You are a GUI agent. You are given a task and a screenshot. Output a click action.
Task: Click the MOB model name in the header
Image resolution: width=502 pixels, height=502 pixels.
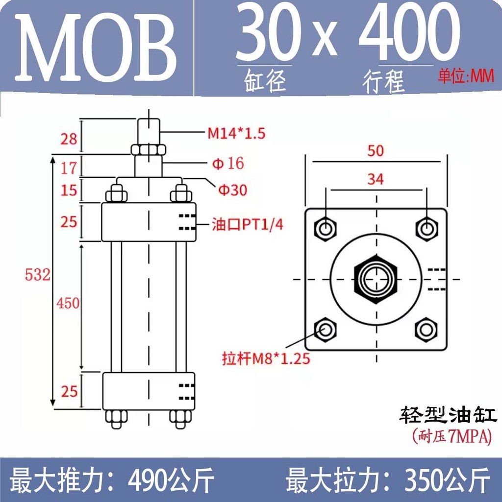click(x=96, y=48)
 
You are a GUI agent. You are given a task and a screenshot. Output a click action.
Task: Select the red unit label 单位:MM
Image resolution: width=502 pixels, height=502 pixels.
click(x=466, y=76)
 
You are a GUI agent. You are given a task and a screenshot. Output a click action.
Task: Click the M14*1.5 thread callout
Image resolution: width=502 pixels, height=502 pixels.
click(x=237, y=133)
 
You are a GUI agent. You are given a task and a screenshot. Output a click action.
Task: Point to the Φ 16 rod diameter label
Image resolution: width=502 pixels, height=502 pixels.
click(x=228, y=163)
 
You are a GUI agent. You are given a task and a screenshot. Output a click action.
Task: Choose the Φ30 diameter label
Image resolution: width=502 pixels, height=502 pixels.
click(x=233, y=190)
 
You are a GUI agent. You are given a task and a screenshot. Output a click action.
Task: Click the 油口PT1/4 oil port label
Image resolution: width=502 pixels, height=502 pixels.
click(x=248, y=225)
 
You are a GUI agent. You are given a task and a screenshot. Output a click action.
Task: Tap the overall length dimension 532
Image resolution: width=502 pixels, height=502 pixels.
click(x=37, y=275)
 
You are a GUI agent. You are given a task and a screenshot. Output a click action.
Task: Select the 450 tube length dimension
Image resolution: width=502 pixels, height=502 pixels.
click(x=68, y=303)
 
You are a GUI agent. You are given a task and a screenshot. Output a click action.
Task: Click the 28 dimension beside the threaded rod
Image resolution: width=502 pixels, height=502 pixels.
click(x=69, y=139)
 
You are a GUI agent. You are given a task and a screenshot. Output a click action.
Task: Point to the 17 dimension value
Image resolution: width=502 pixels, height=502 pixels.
click(x=69, y=168)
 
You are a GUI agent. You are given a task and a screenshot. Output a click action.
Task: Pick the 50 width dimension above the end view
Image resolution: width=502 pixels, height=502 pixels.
click(x=376, y=151)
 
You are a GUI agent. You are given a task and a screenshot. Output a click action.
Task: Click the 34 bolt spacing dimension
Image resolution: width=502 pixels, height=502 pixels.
click(x=376, y=179)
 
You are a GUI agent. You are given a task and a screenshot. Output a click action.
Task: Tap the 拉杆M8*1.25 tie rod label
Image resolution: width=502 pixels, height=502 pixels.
click(x=266, y=358)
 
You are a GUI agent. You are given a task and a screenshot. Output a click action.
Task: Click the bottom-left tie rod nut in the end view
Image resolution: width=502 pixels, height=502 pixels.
click(x=326, y=329)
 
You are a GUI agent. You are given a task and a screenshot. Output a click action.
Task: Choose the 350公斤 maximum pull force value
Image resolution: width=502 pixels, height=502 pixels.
click(x=447, y=480)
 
